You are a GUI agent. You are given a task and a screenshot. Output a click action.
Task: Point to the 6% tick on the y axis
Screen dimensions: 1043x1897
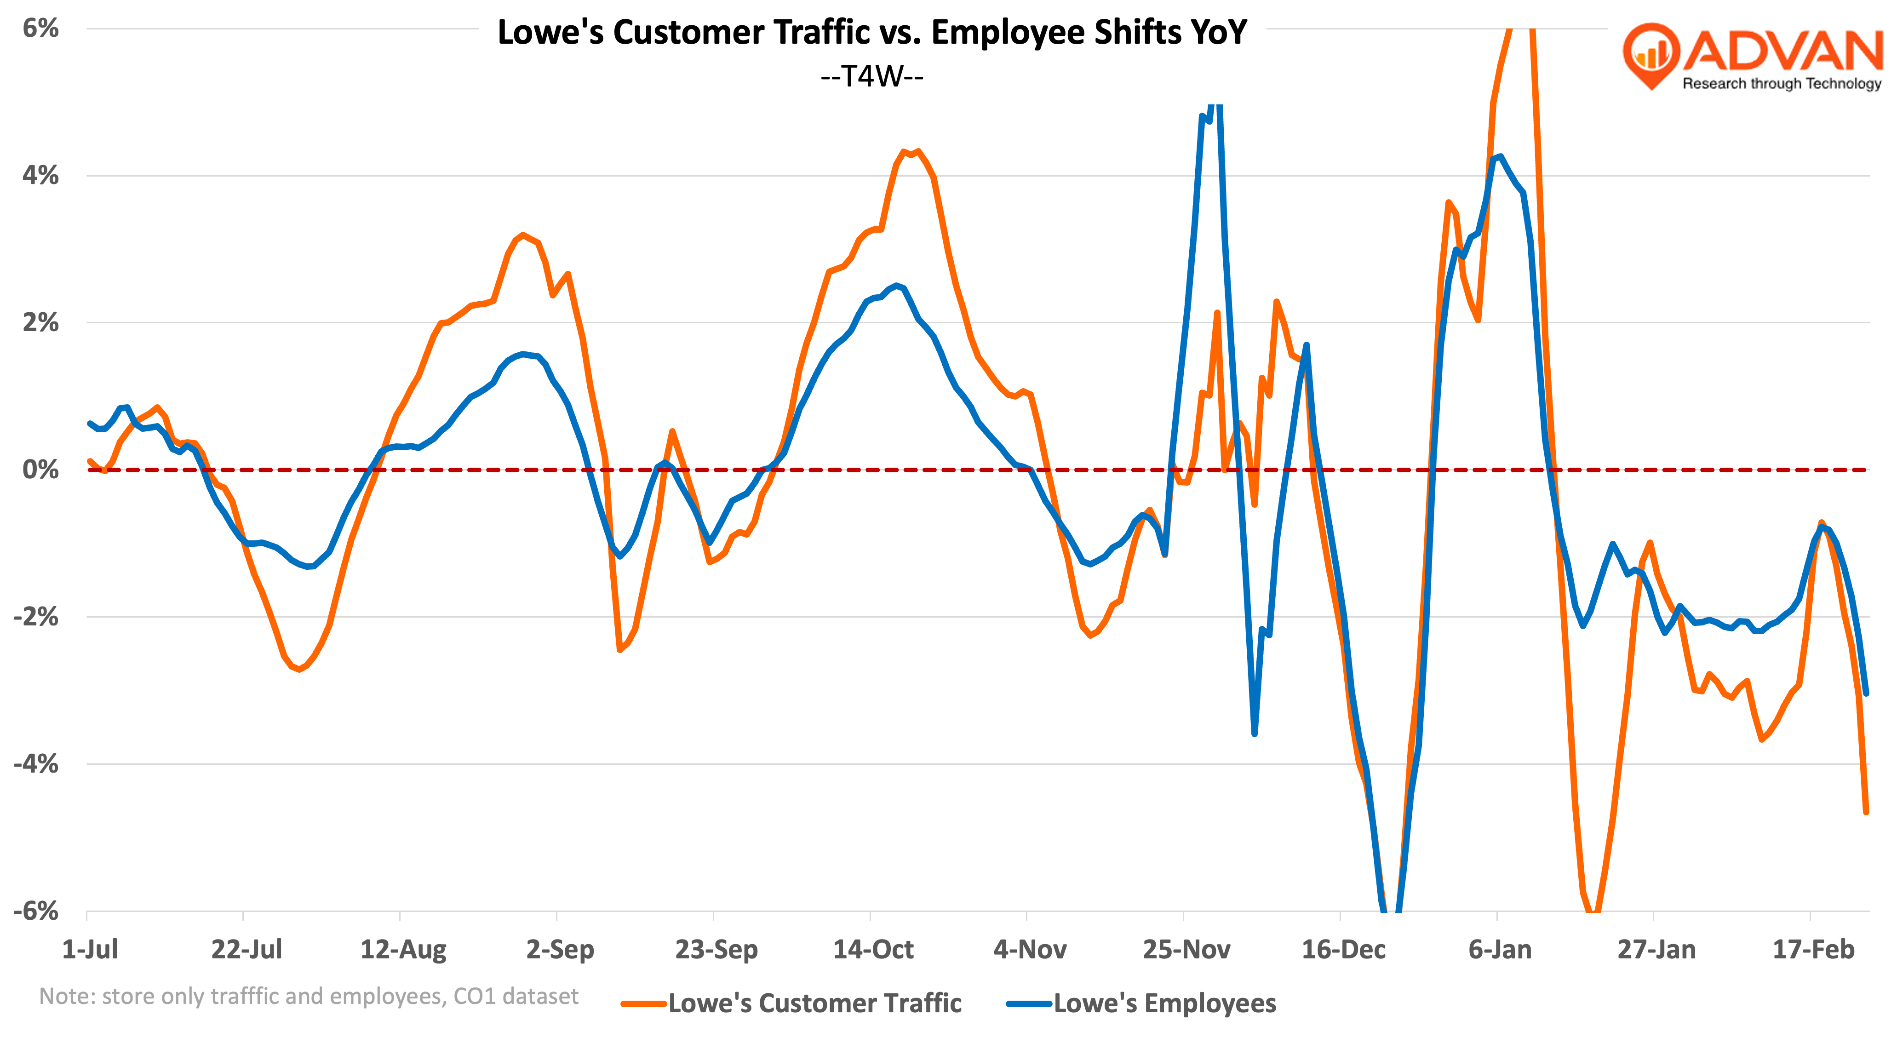coord(40,28)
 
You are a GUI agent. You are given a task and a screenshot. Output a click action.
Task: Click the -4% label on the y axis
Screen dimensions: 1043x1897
coord(36,764)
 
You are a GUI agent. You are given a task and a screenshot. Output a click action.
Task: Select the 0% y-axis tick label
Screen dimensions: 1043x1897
coord(40,469)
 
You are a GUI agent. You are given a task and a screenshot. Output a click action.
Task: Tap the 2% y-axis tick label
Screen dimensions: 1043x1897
coord(40,322)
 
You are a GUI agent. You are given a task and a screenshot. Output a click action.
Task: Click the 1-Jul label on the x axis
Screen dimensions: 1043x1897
coord(90,950)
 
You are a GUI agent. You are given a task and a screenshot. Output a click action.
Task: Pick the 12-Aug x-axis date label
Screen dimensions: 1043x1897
coord(403,950)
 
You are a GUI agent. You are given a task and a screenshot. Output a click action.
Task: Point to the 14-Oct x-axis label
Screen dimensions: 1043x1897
coord(873,950)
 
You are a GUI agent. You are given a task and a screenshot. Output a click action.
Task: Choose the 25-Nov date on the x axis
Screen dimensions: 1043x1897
coord(1186,950)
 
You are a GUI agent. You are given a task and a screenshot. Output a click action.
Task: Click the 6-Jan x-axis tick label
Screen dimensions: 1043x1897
coord(1499,950)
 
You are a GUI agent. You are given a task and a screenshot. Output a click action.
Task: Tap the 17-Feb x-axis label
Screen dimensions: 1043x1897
coord(1812,950)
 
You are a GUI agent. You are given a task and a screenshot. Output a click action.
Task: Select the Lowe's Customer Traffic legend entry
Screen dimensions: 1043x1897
coord(814,1003)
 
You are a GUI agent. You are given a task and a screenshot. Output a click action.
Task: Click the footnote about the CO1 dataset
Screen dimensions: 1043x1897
coord(309,996)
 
